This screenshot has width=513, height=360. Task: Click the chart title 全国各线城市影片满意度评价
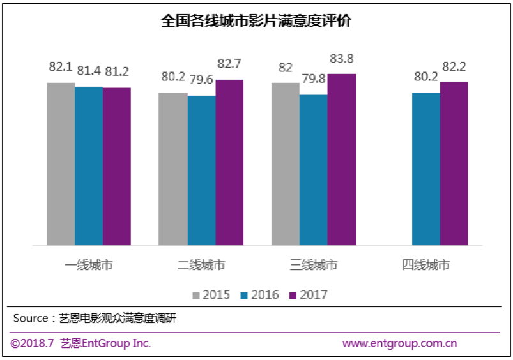point(256,21)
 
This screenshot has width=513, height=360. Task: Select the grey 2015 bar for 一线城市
point(61,164)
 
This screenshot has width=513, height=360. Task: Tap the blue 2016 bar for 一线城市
point(89,166)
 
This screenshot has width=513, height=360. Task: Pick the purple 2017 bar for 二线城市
point(229,163)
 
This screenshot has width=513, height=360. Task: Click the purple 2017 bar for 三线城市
point(342,160)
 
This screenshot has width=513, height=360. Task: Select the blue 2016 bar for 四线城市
point(426,169)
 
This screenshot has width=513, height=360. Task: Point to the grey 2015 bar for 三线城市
point(285,164)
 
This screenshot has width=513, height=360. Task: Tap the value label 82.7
point(229,66)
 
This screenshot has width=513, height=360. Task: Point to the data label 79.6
point(201,82)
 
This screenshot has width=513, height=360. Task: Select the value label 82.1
point(61,68)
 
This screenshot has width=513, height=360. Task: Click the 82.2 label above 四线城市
point(454,68)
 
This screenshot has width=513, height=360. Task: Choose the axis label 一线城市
point(89,264)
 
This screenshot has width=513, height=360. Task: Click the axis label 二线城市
point(201,264)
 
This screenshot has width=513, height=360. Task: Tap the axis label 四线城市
point(426,264)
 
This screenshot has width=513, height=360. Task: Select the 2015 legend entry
point(211,295)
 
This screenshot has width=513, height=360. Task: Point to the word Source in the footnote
point(31,318)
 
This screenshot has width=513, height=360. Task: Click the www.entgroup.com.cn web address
point(400,343)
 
